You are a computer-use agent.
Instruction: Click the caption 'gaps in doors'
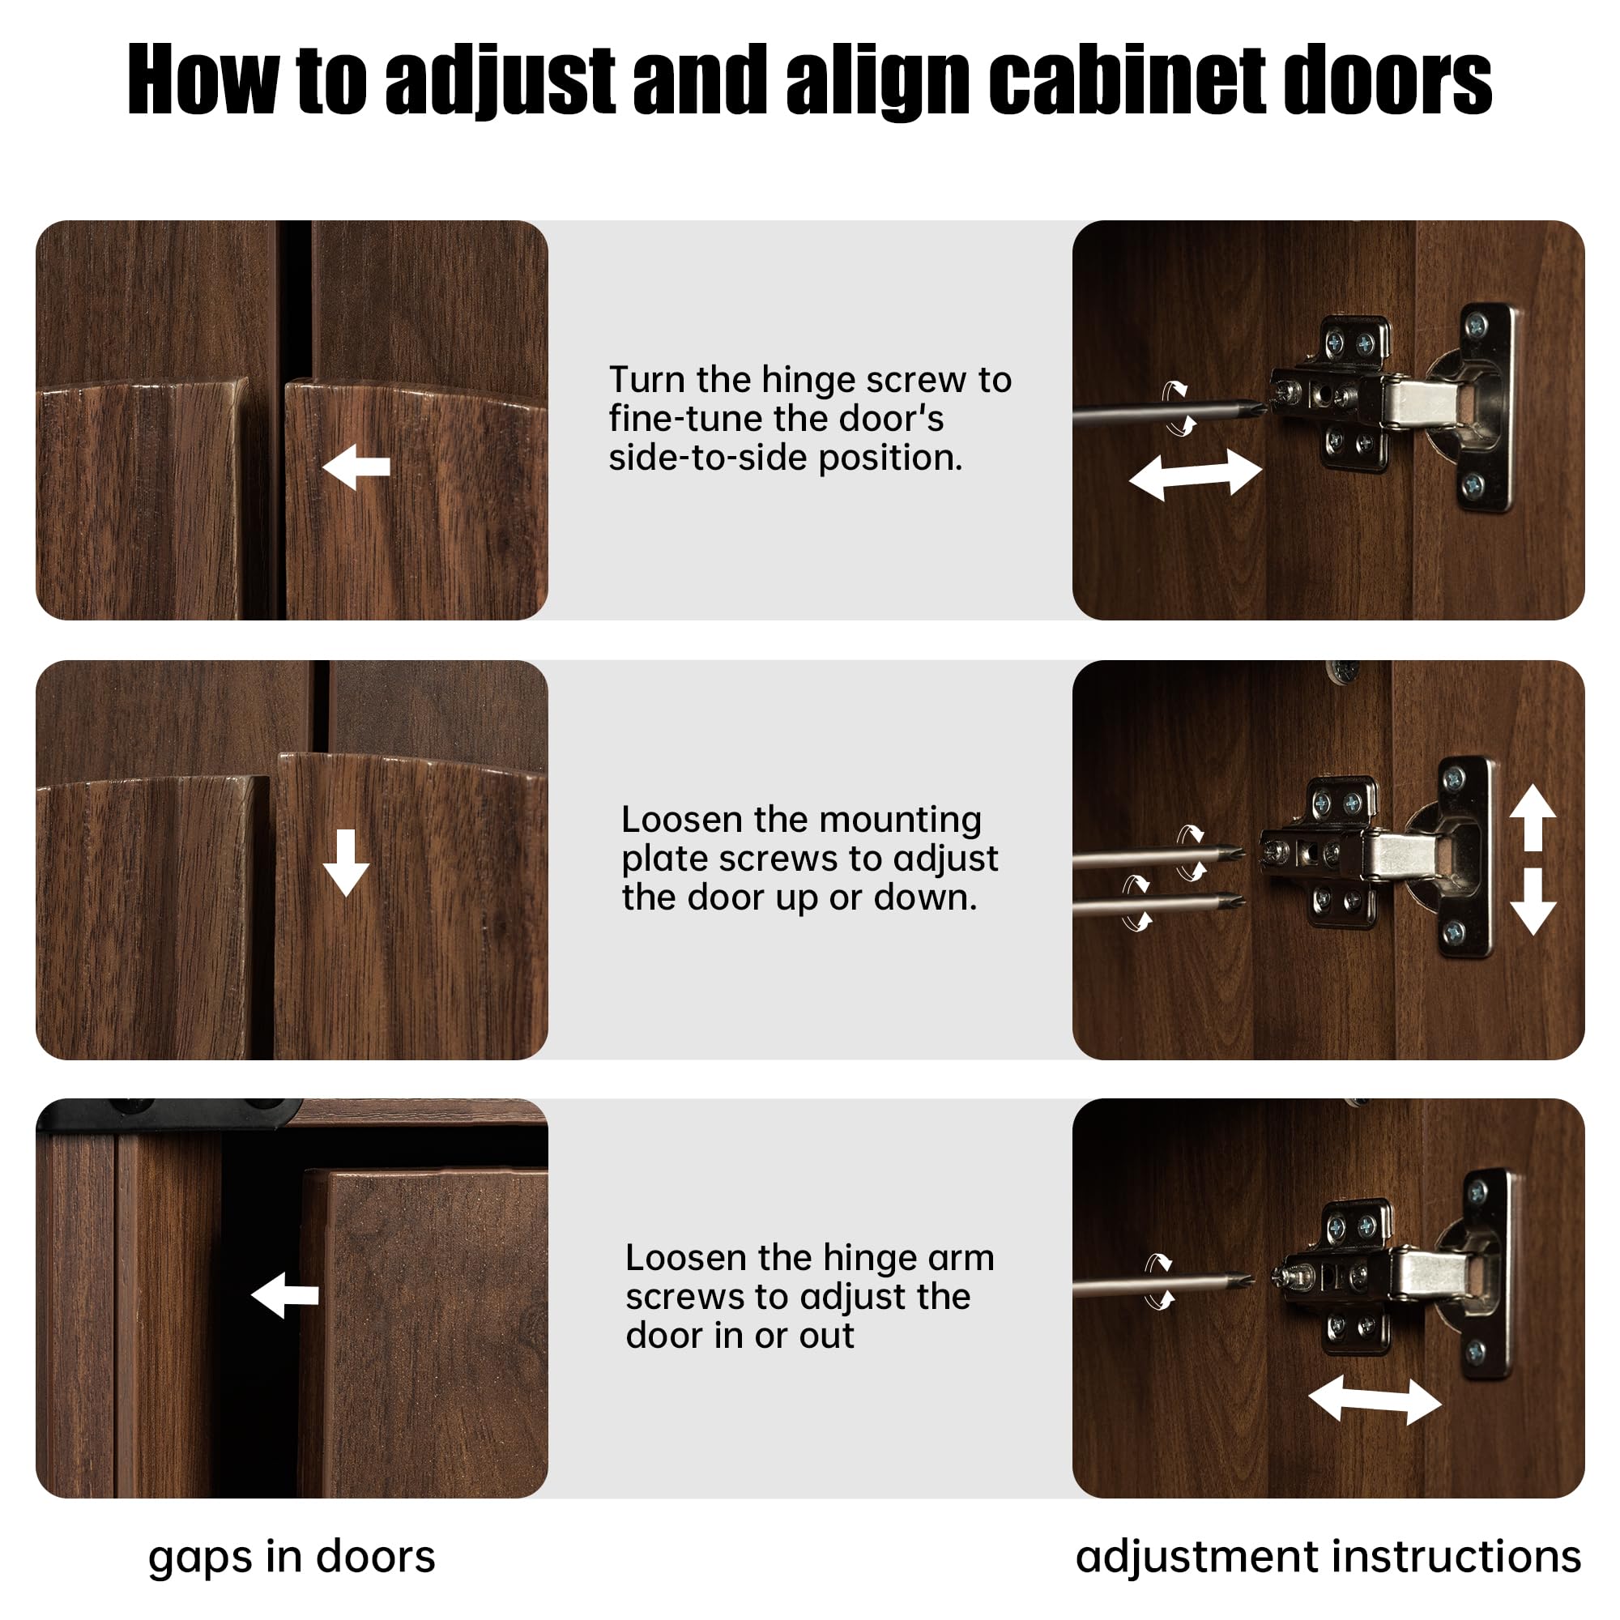coord(292,1557)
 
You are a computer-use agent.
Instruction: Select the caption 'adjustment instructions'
coord(1328,1557)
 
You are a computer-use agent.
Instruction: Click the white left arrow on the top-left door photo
coord(356,467)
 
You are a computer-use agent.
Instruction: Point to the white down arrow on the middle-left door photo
coord(346,863)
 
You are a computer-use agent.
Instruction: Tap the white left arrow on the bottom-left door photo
coord(284,1295)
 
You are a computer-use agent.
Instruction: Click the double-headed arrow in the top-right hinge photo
coord(1196,474)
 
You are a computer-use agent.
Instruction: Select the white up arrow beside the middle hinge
coord(1533,817)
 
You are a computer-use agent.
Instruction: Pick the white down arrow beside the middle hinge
coord(1533,902)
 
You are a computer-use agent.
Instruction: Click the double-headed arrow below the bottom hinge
coord(1375,1400)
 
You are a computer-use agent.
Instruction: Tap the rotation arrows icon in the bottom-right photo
coord(1160,1281)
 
